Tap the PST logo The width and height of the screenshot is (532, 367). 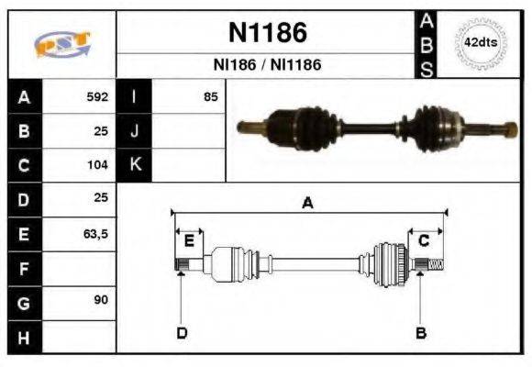point(61,44)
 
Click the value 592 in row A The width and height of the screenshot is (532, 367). point(97,96)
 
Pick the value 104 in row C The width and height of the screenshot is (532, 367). point(97,166)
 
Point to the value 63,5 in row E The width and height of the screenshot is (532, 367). point(95,235)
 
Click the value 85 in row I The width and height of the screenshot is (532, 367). point(210,96)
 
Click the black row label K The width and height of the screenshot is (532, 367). point(134,166)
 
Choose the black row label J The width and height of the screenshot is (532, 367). point(134,131)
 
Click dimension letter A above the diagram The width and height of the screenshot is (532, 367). point(307,204)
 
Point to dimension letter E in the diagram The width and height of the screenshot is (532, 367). point(188,241)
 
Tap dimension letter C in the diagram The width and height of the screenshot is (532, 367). point(424,241)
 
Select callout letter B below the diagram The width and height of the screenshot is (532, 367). point(421,332)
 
